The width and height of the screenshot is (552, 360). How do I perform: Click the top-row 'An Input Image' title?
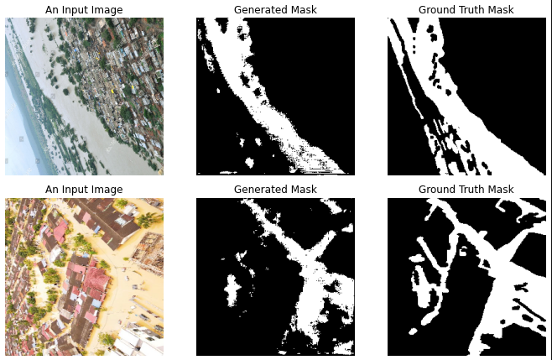point(84,9)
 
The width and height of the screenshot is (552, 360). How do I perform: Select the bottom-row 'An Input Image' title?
point(84,190)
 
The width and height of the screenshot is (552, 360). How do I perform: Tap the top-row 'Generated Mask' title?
point(275,9)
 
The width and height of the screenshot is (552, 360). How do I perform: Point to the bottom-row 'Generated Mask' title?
point(275,190)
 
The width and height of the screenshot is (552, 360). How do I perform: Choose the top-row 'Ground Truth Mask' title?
point(466,9)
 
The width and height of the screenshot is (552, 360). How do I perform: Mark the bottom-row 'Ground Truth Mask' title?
point(466,190)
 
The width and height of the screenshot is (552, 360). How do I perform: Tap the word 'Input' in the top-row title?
point(77,9)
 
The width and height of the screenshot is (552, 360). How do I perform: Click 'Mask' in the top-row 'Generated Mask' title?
point(303,9)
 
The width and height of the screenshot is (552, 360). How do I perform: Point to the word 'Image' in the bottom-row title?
point(108,190)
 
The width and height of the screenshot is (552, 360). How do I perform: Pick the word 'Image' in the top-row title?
point(108,9)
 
